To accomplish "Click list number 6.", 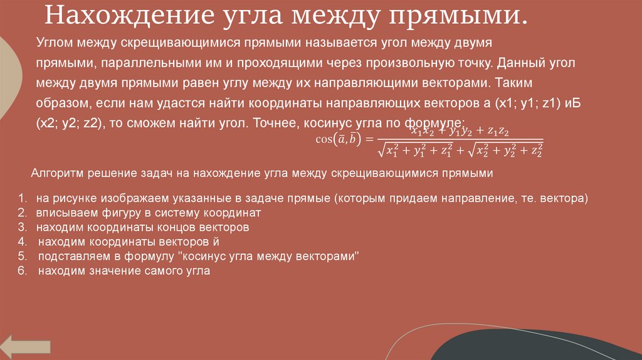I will (x=21, y=272).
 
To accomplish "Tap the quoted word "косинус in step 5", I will (x=203, y=257).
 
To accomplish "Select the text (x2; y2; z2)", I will (x=68, y=122).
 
